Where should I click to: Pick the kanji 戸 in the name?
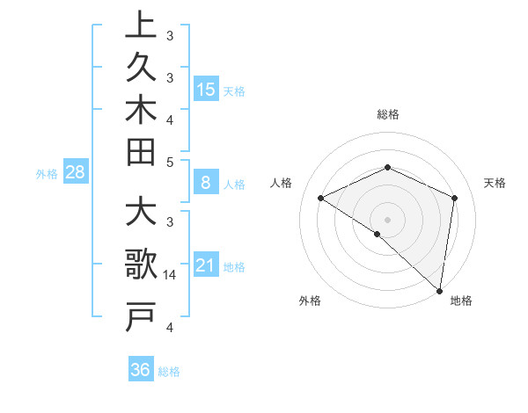(x=141, y=316)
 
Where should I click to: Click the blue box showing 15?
(x=206, y=90)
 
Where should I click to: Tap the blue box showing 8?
(x=206, y=184)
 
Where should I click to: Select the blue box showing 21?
(x=206, y=265)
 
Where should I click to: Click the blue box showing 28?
(x=75, y=173)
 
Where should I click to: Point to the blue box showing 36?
(x=140, y=370)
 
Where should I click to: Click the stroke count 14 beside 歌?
(x=170, y=275)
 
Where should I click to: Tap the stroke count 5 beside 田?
(x=170, y=162)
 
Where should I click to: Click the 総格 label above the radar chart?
(x=388, y=114)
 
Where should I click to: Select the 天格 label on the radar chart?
(x=495, y=183)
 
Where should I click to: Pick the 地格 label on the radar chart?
(x=461, y=301)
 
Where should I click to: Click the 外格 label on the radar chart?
(x=310, y=301)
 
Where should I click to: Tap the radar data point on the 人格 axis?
(x=321, y=198)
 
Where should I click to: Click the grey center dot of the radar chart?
(x=388, y=219)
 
